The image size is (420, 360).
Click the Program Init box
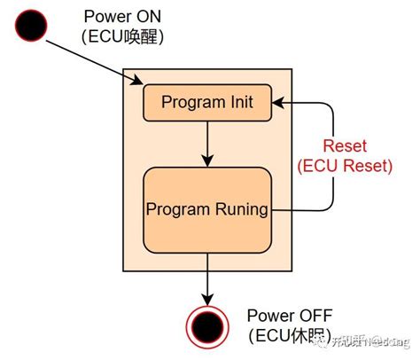point(206,103)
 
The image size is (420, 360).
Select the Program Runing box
point(206,209)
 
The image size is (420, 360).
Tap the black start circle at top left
point(33,27)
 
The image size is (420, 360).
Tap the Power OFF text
point(288,315)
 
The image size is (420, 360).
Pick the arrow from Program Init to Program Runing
point(206,143)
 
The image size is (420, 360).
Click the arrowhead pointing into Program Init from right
point(278,103)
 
